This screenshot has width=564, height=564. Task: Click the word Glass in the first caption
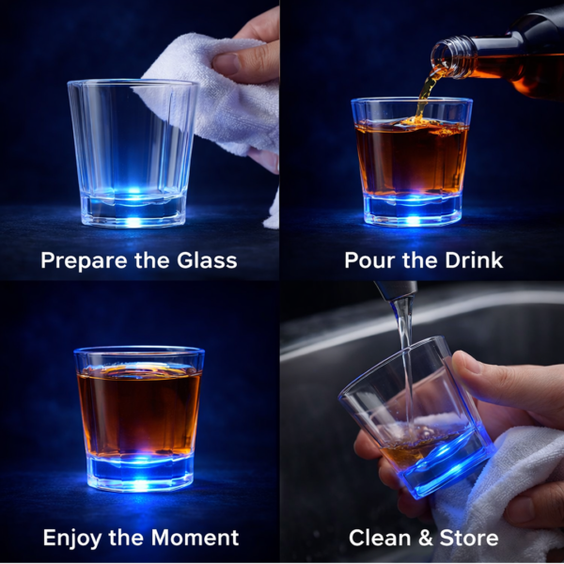206,260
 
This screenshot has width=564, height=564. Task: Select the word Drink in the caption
472,260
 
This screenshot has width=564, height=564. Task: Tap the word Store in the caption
466,539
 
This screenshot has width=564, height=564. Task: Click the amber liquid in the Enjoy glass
138,409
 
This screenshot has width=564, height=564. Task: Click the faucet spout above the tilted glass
395,290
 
